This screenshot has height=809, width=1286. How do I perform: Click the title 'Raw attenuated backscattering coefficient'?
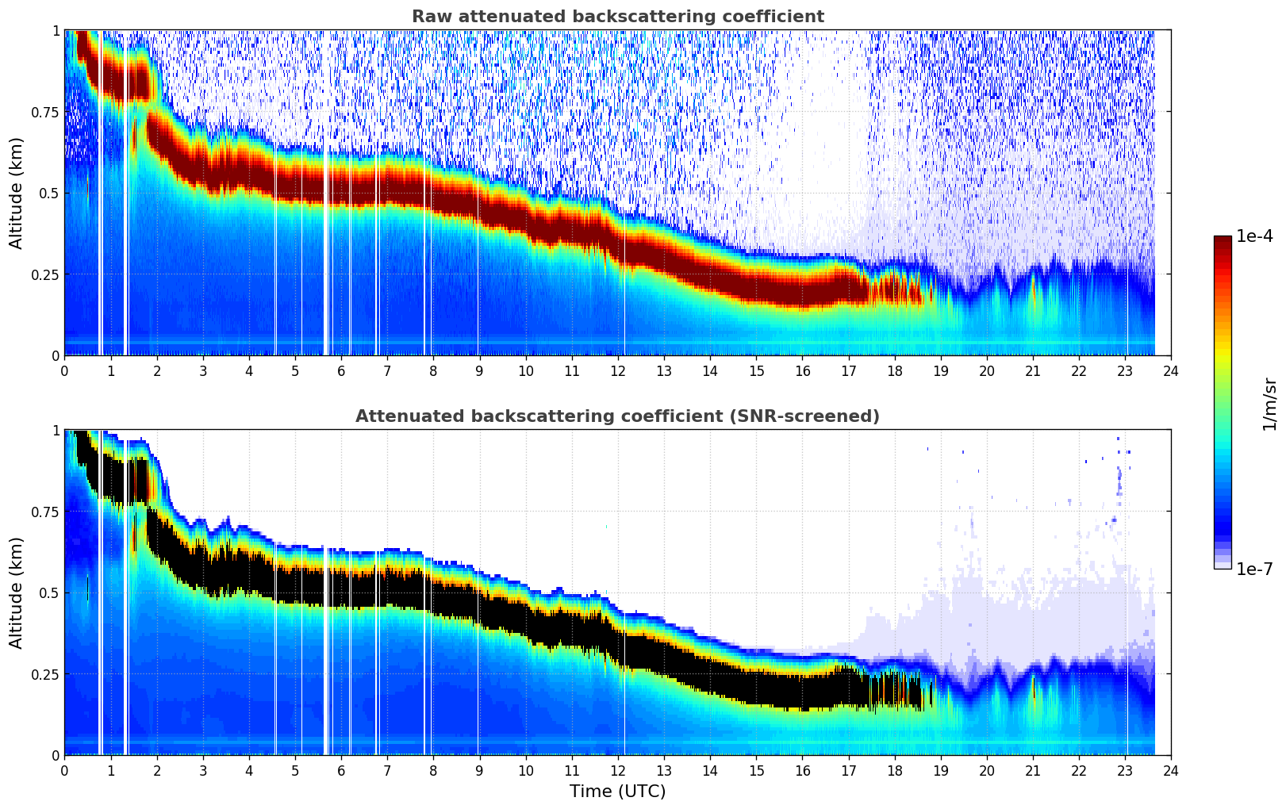[617, 17]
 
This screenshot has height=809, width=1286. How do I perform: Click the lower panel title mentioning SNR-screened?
[617, 416]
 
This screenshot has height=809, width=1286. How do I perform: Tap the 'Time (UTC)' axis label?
[617, 791]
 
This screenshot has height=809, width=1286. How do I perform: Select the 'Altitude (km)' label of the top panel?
[17, 193]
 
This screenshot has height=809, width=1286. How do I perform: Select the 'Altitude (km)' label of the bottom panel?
[17, 592]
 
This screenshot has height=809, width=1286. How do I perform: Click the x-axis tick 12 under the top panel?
[617, 370]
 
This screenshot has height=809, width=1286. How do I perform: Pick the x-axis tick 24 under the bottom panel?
[1170, 770]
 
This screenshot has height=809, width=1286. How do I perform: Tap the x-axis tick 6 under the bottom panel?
[341, 770]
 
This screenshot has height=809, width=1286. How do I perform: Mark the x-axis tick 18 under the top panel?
[894, 370]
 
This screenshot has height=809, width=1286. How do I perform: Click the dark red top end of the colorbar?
[1222, 240]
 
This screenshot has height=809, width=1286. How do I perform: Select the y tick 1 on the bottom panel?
[56, 431]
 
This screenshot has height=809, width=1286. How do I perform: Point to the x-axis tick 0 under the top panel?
[65, 370]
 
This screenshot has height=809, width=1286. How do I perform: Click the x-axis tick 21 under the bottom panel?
[1032, 770]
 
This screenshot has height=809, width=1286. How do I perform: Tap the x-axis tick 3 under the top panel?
[203, 370]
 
